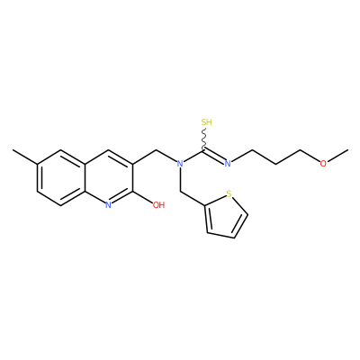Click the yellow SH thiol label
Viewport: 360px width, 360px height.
[x=206, y=122]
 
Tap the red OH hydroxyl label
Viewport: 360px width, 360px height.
[x=158, y=205]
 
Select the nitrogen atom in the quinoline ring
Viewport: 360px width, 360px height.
[x=109, y=205]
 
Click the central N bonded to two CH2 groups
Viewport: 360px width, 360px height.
[x=180, y=164]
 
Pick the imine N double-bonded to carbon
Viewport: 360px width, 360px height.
[x=228, y=164]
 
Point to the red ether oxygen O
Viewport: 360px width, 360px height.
[x=323, y=164]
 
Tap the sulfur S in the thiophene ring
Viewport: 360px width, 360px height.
[x=229, y=194]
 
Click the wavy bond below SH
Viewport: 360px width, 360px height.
[x=204, y=138]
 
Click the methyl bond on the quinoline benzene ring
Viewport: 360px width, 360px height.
[x=25, y=157]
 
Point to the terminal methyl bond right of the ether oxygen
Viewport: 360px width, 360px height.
[x=337, y=156]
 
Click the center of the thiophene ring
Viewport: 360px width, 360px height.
[x=225, y=217]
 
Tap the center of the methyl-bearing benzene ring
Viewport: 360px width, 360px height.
[x=61, y=177]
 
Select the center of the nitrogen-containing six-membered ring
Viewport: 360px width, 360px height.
[x=109, y=177]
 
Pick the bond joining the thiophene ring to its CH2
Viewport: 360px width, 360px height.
[x=193, y=198]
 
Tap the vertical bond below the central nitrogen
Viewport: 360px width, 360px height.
[x=180, y=179]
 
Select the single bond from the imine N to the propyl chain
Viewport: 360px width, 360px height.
[x=242, y=156]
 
